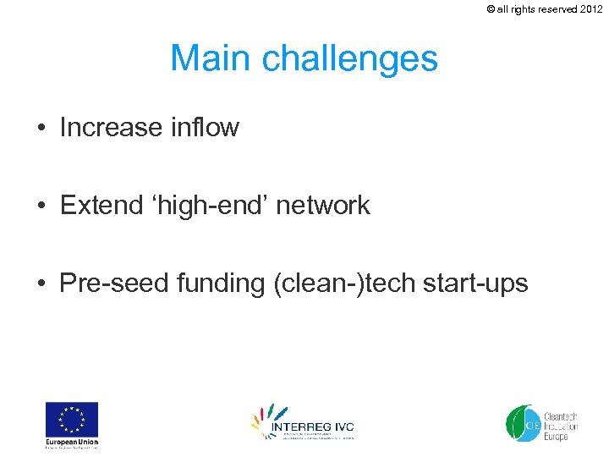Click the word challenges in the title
350,59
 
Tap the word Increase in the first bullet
111,128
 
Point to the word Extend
96,205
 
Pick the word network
324,205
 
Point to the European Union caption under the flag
72,443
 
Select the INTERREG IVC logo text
312,427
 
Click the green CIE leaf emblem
520,422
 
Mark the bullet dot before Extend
41,206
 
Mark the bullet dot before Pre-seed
41,284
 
